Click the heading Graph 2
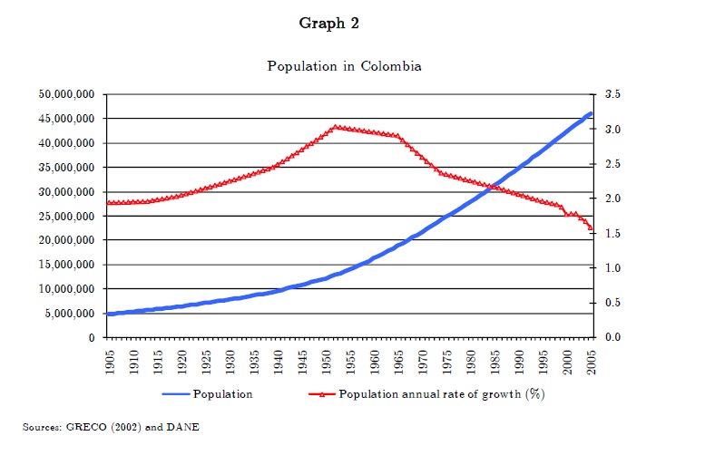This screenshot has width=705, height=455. (x=329, y=24)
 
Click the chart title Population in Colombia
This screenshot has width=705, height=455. (x=344, y=66)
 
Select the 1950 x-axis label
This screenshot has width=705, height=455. (x=327, y=359)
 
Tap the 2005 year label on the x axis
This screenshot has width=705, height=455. (x=592, y=359)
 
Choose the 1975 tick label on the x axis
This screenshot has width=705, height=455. (x=447, y=359)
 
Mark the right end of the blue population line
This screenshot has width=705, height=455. (x=591, y=113)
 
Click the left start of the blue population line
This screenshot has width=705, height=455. (x=109, y=314)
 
